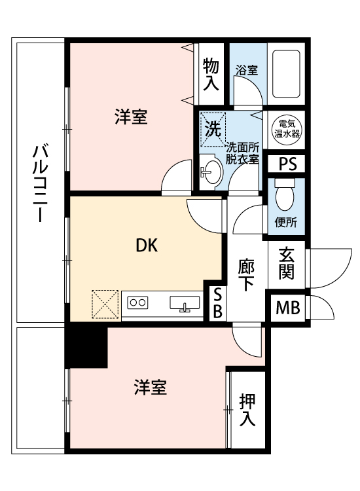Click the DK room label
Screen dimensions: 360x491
pos(147,245)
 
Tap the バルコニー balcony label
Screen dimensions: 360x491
pos(41,183)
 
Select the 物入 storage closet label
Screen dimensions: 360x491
pos(211,75)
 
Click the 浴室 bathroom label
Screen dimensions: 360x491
pos(247,70)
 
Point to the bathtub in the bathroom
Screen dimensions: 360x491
pos(286,74)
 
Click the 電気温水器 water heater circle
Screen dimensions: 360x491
pos(287,130)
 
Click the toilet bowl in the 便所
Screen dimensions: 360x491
pos(285,194)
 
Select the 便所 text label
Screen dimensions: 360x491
pos(285,223)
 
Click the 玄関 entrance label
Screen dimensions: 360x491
pos(287,263)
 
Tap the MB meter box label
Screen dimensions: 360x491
pos(288,308)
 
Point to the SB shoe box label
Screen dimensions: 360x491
pos(217,303)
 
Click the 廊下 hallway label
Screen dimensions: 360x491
pos(246,275)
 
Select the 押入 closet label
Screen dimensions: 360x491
pos(247,410)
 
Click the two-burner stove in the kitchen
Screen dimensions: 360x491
pos(137,302)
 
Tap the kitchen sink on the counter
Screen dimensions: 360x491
pos(185,303)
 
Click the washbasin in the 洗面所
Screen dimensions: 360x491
pos(211,172)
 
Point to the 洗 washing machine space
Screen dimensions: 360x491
pos(213,130)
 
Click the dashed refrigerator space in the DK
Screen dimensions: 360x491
pos(105,304)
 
